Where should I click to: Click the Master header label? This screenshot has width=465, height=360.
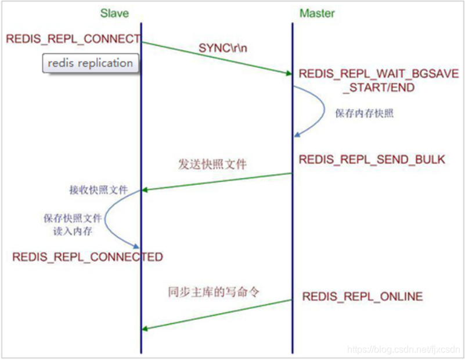coord(316,13)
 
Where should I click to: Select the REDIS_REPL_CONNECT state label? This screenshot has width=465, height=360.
coord(73,39)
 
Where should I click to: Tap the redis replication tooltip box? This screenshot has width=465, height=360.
coord(90,63)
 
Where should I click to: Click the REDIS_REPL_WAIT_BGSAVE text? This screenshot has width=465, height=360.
coord(379,74)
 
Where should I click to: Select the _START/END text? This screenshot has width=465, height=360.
coord(379,88)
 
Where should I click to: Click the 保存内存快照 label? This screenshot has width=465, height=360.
coord(364,114)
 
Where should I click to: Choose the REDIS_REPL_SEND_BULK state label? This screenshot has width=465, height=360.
coord(372,159)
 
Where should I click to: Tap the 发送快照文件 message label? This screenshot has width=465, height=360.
coord(212,164)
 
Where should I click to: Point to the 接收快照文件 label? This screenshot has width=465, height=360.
coord(98,190)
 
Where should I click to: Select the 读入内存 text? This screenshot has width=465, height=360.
coord(73,231)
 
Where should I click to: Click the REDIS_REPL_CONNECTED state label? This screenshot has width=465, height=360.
coord(88,257)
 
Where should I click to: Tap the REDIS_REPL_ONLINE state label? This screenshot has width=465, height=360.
coord(362,297)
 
